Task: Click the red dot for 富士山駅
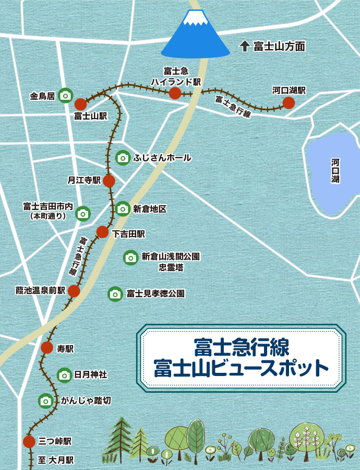point(80,104)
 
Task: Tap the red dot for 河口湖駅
point(289,103)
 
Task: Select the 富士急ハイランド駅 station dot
point(175,93)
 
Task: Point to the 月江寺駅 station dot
point(109,181)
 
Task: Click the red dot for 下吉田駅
point(102,232)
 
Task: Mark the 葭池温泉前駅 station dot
point(74,291)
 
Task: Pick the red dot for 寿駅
point(47,348)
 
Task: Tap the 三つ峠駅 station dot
point(29,442)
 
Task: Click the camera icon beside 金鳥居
point(65,96)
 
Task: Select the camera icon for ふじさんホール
point(123,158)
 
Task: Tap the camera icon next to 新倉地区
point(123,209)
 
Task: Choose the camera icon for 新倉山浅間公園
point(130,257)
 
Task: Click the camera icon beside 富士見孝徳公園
point(115,294)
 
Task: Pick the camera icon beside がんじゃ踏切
point(46,401)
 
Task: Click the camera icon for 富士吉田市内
point(83,213)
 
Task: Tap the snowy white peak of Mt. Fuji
point(196,18)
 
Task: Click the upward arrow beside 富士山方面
point(244,46)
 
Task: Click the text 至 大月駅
point(56,461)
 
